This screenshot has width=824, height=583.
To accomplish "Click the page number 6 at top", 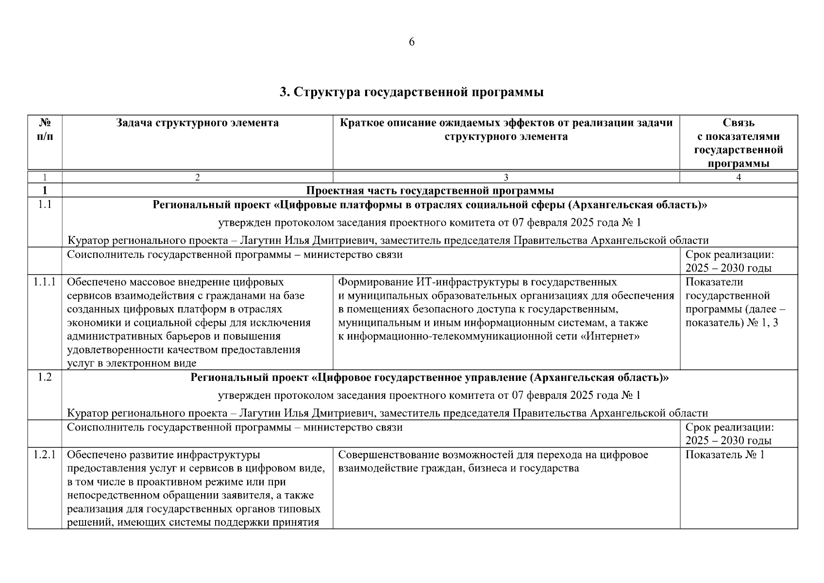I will (412, 42).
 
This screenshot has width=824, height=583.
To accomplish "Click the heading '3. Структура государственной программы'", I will (412, 92).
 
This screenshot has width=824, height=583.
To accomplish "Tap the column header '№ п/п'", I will (45, 130).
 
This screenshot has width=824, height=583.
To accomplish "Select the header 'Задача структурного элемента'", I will (197, 123).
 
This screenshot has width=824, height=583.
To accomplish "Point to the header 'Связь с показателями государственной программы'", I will (738, 143).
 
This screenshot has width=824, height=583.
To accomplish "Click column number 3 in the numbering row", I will (506, 178).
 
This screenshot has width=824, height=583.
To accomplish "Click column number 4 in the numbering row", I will (738, 178).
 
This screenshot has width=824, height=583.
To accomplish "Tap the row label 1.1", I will (45, 205).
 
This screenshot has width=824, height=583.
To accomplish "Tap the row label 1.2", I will (45, 377).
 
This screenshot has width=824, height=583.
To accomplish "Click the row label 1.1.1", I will (45, 282).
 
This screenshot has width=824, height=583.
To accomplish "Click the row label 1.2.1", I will (45, 455).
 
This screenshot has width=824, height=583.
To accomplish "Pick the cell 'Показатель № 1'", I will (724, 455).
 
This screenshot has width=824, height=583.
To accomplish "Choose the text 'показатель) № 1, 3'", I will (731, 323).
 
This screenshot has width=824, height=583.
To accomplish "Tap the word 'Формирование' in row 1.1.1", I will (375, 282).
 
